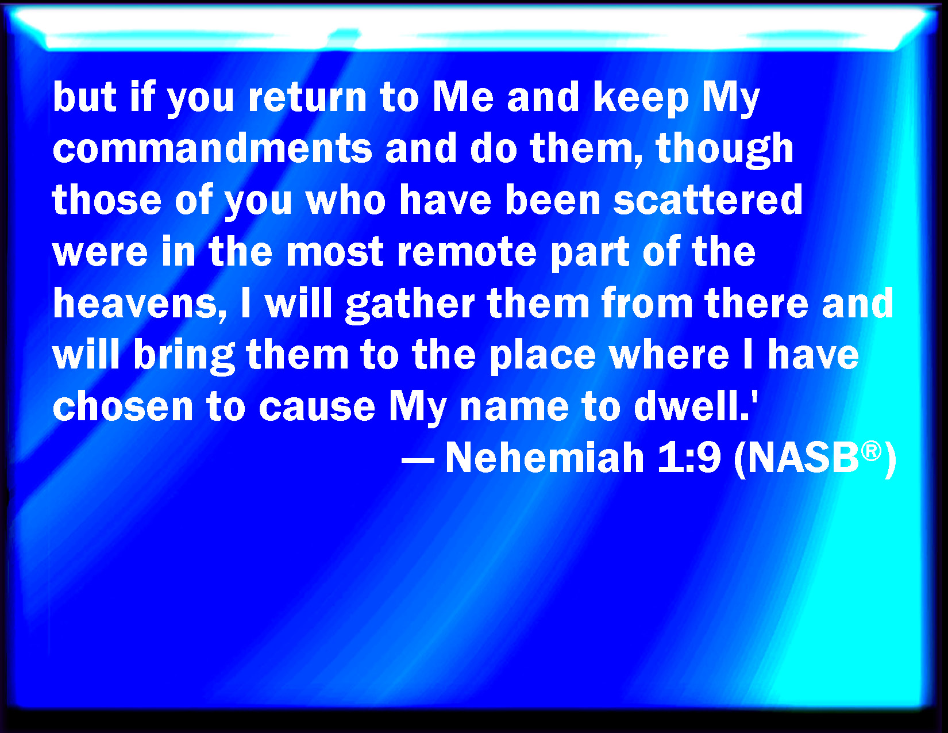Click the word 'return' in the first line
point(307,97)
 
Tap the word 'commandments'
point(212,148)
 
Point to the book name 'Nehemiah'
point(545,458)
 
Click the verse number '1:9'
point(689,458)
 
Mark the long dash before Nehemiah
point(418,460)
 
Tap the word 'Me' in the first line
point(463,97)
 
